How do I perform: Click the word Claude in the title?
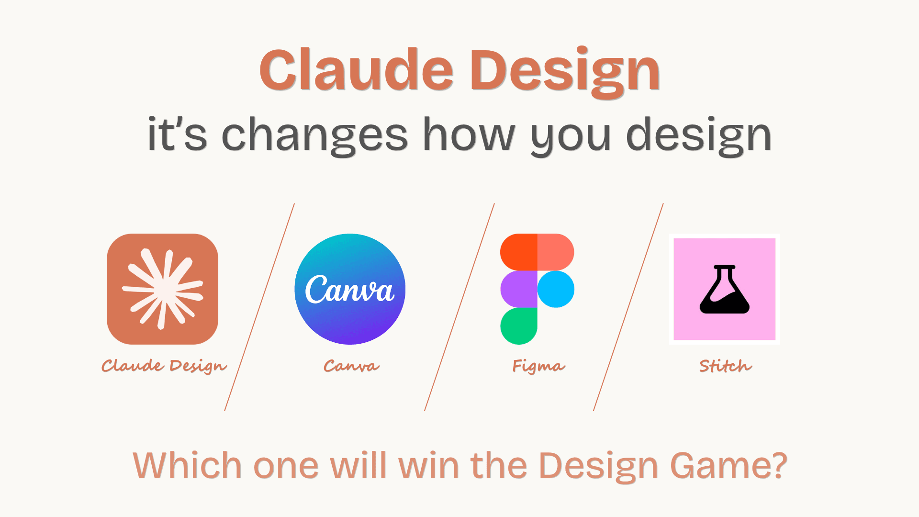pyautogui.click(x=356, y=70)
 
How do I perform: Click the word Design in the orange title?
pyautogui.click(x=565, y=72)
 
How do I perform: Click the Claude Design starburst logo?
pyautogui.click(x=163, y=289)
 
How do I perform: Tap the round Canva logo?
pyautogui.click(x=350, y=289)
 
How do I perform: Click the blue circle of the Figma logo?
pyautogui.click(x=556, y=289)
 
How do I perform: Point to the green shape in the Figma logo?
pyautogui.click(x=519, y=326)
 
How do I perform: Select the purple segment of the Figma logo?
pyautogui.click(x=519, y=289)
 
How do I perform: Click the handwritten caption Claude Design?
pyautogui.click(x=164, y=366)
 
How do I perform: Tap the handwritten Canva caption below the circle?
pyautogui.click(x=351, y=366)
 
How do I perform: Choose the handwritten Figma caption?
pyautogui.click(x=538, y=366)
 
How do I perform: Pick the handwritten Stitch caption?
pyautogui.click(x=725, y=366)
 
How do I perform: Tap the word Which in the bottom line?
pyautogui.click(x=187, y=465)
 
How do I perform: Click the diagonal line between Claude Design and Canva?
pyautogui.click(x=259, y=307)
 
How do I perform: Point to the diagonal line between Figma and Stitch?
pyautogui.click(x=628, y=307)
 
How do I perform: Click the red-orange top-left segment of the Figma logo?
pyautogui.click(x=519, y=252)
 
